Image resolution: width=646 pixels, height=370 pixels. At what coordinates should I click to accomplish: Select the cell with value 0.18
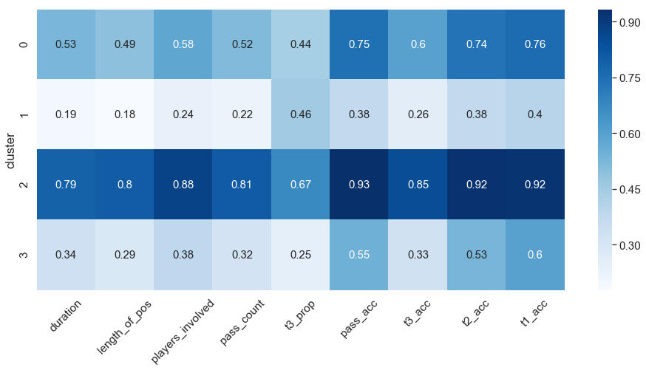coord(123,114)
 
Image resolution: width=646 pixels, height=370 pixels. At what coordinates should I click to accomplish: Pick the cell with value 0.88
coord(183,185)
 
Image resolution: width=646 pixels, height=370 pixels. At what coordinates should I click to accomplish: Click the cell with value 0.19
coord(65,114)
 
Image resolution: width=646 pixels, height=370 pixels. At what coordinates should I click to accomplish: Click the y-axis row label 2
coord(24,185)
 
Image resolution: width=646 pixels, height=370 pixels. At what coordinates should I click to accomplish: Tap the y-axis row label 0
coord(24,44)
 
